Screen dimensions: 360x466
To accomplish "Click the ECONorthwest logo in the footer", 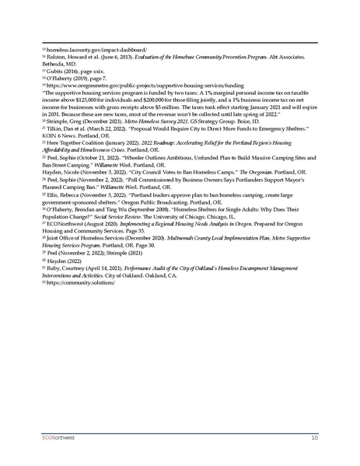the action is [61, 438].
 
